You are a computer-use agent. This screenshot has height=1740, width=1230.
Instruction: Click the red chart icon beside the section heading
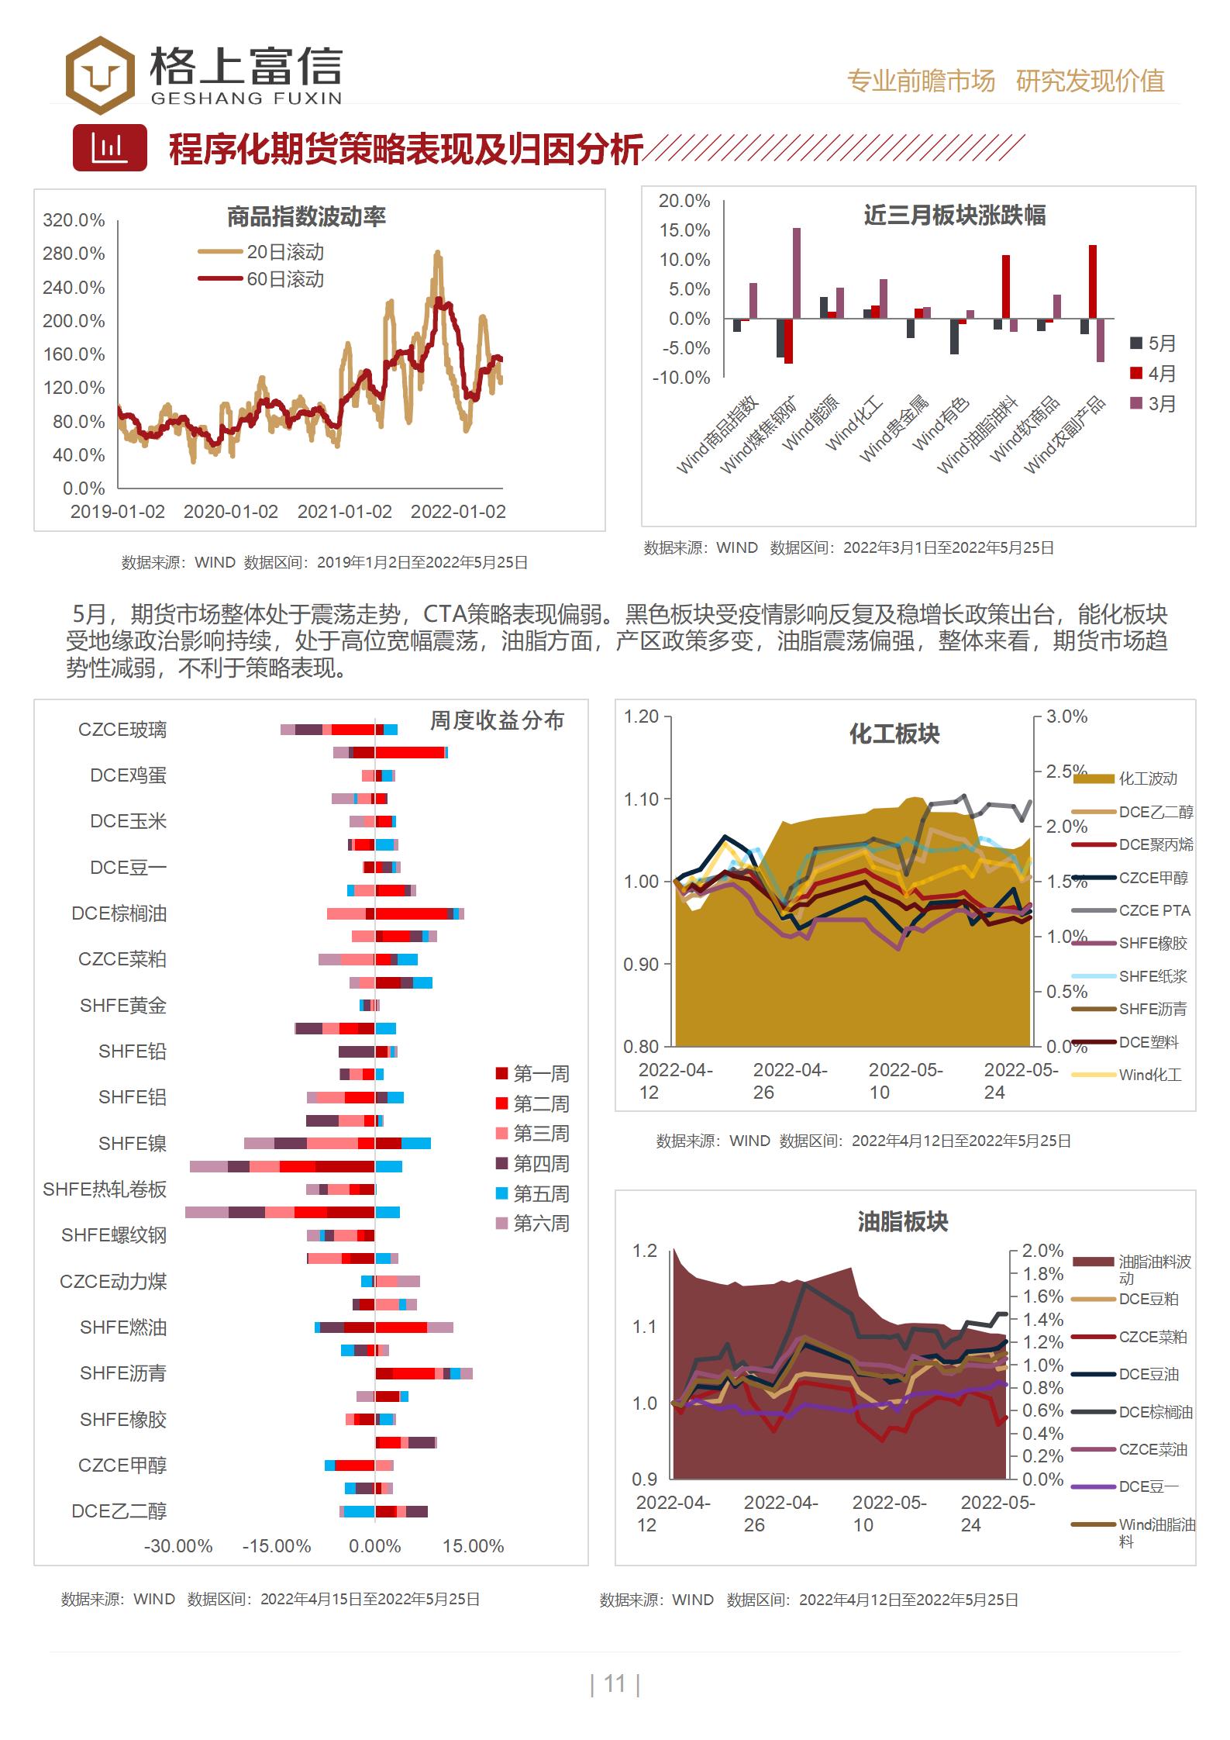[109, 147]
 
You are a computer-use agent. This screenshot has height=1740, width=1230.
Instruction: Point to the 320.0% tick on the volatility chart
[74, 220]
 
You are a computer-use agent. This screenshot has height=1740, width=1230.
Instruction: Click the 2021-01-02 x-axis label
[344, 512]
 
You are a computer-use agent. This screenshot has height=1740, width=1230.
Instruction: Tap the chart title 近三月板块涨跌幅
[954, 215]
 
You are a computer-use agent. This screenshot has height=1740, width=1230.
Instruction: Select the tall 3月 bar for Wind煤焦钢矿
[797, 273]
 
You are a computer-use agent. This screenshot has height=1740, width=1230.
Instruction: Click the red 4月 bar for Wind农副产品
[1092, 281]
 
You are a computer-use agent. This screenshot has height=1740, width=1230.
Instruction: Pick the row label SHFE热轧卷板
[105, 1189]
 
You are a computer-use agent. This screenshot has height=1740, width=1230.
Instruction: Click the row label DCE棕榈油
[119, 913]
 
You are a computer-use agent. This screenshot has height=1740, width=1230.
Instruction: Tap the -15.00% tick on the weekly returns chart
[277, 1546]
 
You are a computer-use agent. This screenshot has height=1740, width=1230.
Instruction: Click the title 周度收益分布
[497, 720]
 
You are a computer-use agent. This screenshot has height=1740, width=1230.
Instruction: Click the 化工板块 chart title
[894, 734]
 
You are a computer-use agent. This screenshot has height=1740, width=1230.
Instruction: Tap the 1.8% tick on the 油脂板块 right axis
[1042, 1273]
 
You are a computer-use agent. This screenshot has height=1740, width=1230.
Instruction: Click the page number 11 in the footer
[615, 1683]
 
